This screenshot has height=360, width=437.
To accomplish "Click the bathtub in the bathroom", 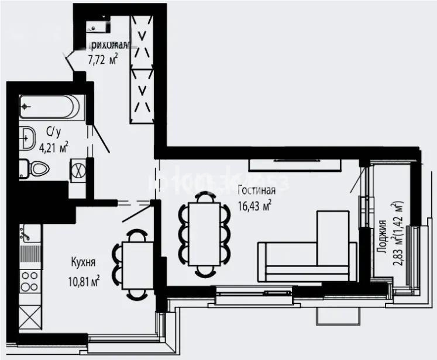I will coord(50,107).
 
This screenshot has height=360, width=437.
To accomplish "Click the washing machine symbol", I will coord(78,169).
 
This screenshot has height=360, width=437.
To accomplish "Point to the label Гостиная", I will coord(256,190).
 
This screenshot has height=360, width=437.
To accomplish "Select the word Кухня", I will coord(83,262).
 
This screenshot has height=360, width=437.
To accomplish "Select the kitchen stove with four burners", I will coord(29,281).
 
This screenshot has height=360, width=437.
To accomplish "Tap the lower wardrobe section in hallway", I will coord(141,96).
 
